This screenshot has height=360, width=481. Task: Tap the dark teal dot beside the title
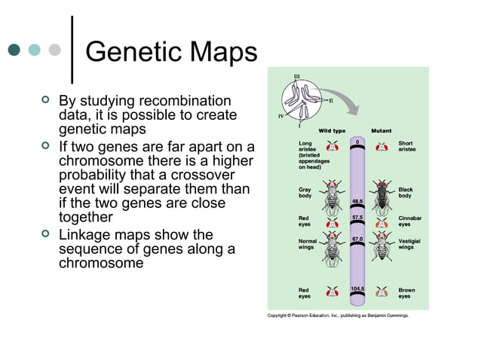[x=14, y=50]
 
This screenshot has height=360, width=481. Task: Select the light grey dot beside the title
[x=54, y=50]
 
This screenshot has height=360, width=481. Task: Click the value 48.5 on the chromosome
[x=358, y=201]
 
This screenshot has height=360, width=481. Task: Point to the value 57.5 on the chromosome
[x=358, y=217]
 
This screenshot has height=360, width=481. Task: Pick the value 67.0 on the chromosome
[x=358, y=239]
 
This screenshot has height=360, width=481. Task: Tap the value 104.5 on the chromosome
[x=358, y=288]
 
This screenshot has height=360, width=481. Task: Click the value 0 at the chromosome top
[x=358, y=141]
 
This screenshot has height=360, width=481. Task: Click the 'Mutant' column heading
[x=381, y=131]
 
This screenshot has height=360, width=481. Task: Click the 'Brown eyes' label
[x=406, y=293]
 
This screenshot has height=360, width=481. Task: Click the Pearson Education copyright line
[x=339, y=316]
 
